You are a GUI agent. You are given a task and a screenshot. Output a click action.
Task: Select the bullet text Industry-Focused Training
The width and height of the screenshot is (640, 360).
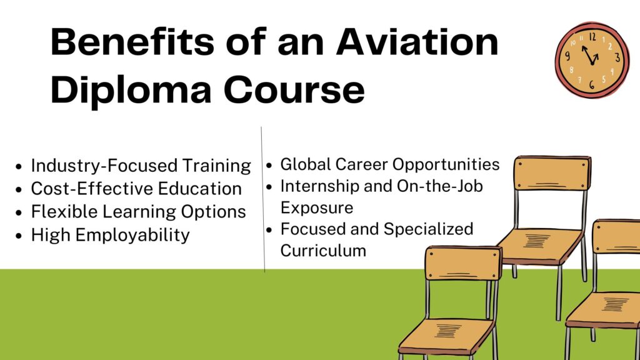coord(141,166)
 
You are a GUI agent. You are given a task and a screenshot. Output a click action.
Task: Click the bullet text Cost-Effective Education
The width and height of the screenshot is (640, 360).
coord(136,188)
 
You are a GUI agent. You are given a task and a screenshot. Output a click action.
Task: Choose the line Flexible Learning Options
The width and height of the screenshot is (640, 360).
coord(138,211)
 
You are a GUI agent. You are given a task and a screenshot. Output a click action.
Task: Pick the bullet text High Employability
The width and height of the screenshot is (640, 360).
coord(110,235)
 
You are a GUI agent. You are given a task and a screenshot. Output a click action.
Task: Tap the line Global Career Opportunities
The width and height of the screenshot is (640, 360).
coord(389,164)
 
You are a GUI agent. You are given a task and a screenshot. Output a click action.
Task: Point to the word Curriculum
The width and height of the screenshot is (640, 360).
coord(322,251)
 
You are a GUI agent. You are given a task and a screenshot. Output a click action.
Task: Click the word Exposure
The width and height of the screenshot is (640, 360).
coord(316,207)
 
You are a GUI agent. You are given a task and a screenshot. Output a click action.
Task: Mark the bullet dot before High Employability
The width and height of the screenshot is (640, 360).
coord(19,236)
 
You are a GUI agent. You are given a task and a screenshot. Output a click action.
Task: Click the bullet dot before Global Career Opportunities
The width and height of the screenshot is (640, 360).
coord(269,166)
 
